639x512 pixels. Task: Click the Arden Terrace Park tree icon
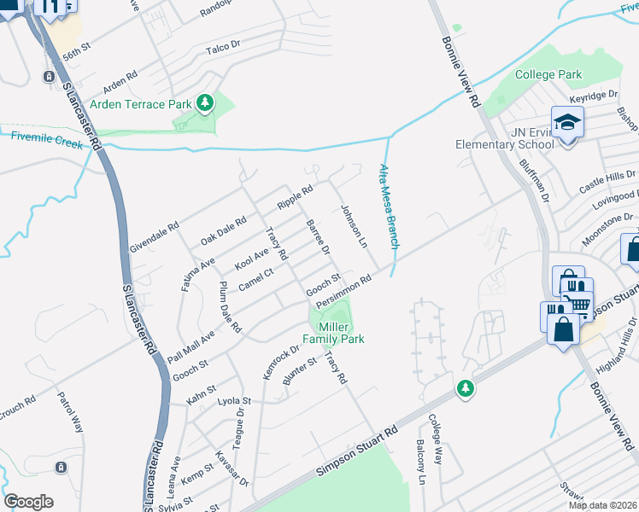point(204,104)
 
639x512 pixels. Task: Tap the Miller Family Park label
point(341,334)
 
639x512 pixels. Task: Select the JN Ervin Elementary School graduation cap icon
point(566,122)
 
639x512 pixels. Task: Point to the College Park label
point(548,75)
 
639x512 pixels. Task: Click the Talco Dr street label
point(218,50)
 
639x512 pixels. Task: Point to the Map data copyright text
point(603,505)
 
